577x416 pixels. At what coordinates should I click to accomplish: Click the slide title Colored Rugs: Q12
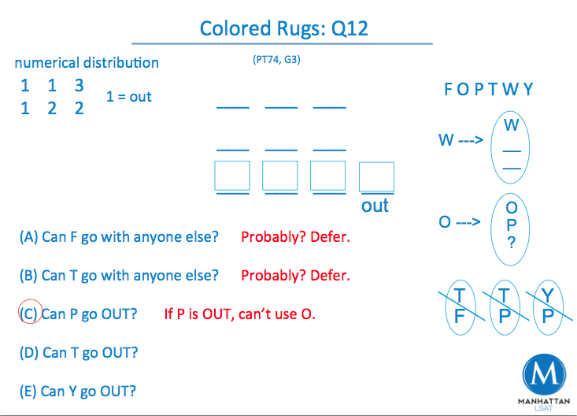point(283,29)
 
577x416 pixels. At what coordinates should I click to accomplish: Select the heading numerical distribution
point(87,63)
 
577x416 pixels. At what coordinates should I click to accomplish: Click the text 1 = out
point(128,97)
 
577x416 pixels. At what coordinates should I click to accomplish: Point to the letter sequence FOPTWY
point(489,89)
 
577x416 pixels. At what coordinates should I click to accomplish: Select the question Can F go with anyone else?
point(119,237)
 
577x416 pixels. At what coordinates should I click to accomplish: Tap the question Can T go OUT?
point(79,352)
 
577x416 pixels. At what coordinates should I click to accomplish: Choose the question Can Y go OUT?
point(78,391)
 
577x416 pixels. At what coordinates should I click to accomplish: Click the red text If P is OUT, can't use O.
point(239,314)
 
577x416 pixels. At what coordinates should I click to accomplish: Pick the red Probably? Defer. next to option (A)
point(295,237)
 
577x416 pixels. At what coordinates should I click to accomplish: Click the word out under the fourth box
point(375,206)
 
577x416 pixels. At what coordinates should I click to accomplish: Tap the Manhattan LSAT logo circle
point(544,375)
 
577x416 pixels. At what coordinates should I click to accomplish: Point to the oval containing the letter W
point(512,146)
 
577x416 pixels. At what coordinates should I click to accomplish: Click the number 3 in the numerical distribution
point(79,85)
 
